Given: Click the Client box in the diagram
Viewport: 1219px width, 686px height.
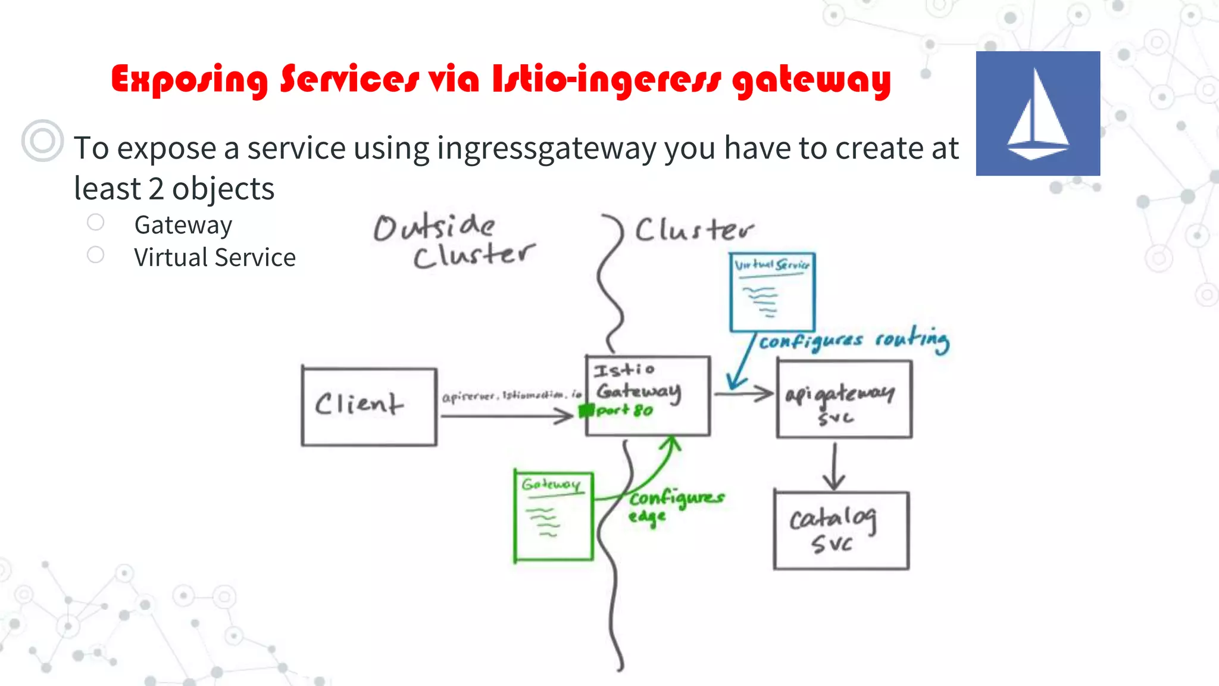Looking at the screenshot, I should click(369, 407).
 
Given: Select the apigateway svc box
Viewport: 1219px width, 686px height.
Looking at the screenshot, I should click(843, 400).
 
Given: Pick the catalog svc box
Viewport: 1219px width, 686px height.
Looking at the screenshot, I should click(841, 530).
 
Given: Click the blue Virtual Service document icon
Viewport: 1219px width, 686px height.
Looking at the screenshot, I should click(772, 292).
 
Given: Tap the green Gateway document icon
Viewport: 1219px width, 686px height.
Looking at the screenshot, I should click(554, 516).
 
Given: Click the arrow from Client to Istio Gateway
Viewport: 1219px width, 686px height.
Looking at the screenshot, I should click(506, 416).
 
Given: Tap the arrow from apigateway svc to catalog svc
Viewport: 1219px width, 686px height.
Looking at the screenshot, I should click(834, 466).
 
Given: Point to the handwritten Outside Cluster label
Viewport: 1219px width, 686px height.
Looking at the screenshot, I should click(454, 241).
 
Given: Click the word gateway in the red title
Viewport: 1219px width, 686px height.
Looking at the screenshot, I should click(811, 80).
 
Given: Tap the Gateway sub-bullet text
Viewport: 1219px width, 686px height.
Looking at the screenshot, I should click(183, 225).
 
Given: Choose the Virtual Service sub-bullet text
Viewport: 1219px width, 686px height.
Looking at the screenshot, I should click(214, 258).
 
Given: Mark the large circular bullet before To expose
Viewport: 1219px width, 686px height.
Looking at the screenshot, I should click(42, 141).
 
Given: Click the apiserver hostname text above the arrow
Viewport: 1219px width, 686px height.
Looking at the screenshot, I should click(511, 395).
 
